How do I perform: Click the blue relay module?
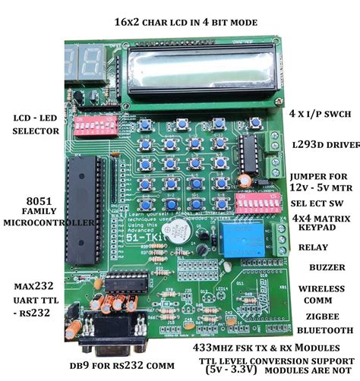tap(242, 241)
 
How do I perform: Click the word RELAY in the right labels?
tap(313, 247)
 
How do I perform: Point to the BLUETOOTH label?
tap(325, 330)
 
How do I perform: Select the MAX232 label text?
tap(30, 287)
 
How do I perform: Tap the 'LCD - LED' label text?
tap(30, 118)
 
